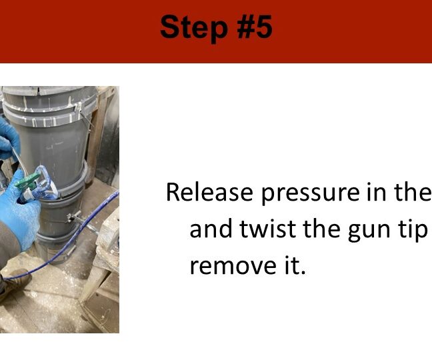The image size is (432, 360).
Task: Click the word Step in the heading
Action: pos(194,27)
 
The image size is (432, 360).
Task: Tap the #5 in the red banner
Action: pos(255,27)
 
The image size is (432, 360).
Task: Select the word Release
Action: pos(209,192)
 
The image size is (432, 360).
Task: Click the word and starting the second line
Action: pos(211,229)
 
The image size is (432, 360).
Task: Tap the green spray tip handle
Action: pos(27,181)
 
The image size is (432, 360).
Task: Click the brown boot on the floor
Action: pos(13,284)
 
